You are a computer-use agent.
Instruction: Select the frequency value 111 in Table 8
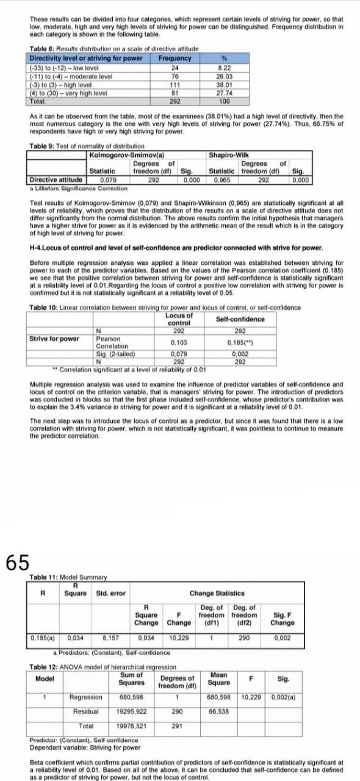(175, 85)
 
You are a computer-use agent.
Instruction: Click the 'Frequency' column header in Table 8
(175, 59)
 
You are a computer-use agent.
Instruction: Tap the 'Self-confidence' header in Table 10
(240, 319)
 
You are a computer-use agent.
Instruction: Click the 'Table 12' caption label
(48, 667)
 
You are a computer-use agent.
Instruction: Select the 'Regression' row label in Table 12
(86, 697)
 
